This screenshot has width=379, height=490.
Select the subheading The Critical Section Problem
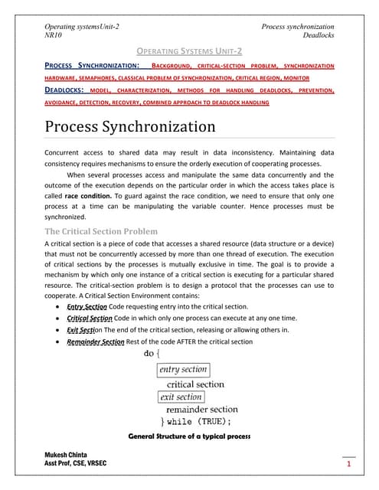pyautogui.click(x=102, y=231)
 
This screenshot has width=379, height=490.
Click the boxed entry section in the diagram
pyautogui.click(x=183, y=370)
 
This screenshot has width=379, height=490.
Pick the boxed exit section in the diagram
pyautogui.click(x=181, y=397)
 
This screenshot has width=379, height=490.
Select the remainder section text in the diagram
pyautogui.click(x=201, y=410)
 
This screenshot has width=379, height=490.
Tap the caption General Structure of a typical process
pyautogui.click(x=190, y=437)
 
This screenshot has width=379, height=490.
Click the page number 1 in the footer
pyautogui.click(x=348, y=465)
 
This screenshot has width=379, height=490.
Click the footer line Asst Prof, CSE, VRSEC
pyautogui.click(x=76, y=465)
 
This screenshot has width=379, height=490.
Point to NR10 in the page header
pyautogui.click(x=55, y=35)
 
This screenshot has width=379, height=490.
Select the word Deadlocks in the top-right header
pyautogui.click(x=319, y=35)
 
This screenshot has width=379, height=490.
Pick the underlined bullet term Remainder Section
pyautogui.click(x=95, y=341)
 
